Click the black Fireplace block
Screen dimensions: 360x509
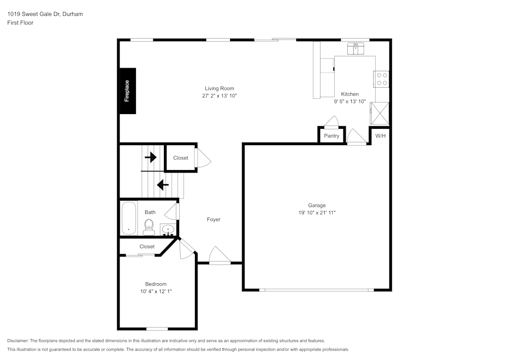click(127, 91)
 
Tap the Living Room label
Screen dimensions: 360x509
click(219, 89)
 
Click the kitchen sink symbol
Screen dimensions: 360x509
click(356, 48)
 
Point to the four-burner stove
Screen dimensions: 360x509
click(382, 79)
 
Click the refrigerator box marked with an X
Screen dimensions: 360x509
click(379, 113)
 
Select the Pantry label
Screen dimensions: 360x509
click(331, 136)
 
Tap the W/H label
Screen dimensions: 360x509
click(380, 136)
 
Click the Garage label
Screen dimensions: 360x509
click(317, 206)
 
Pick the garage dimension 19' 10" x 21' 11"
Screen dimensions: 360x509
click(317, 213)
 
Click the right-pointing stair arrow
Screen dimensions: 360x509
click(151, 157)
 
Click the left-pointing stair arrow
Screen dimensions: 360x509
click(162, 185)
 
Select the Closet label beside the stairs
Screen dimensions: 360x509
click(181, 158)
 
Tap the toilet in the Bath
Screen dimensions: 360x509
click(149, 227)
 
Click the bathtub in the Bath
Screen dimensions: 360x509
click(129, 218)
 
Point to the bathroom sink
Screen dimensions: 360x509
click(167, 230)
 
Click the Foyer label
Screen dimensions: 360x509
click(214, 219)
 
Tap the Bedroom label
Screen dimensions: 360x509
click(156, 284)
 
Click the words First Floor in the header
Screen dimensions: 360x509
click(20, 23)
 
